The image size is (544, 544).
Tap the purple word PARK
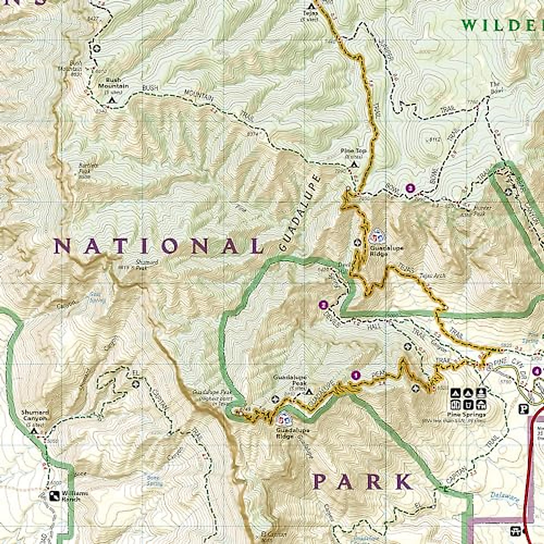(363, 482)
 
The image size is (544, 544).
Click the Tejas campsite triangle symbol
(311, 6)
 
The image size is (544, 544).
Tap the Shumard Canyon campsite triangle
(33, 431)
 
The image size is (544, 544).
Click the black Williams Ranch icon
(54, 495)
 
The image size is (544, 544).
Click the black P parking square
(524, 409)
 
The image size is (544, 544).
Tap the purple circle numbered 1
(356, 375)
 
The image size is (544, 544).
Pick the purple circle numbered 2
(323, 305)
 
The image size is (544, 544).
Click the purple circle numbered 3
(411, 188)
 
